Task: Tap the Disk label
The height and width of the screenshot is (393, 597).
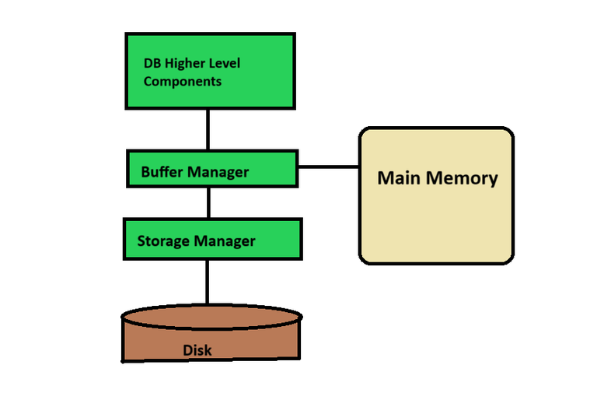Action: [x=197, y=350]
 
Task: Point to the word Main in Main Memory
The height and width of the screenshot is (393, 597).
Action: [x=396, y=177]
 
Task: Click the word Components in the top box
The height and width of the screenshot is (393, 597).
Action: [x=183, y=81]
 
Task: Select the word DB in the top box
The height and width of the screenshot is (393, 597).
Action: [x=152, y=63]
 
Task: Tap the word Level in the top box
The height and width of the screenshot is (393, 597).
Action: [x=225, y=63]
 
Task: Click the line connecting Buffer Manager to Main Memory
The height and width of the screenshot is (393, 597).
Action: [x=327, y=167]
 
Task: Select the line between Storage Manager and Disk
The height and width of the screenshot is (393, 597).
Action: [x=208, y=282]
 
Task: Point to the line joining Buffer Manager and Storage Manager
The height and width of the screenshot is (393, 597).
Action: [x=208, y=202]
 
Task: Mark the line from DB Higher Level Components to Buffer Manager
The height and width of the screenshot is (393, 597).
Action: [x=208, y=130]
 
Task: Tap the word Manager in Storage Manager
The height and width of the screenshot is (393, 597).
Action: [x=225, y=240]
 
